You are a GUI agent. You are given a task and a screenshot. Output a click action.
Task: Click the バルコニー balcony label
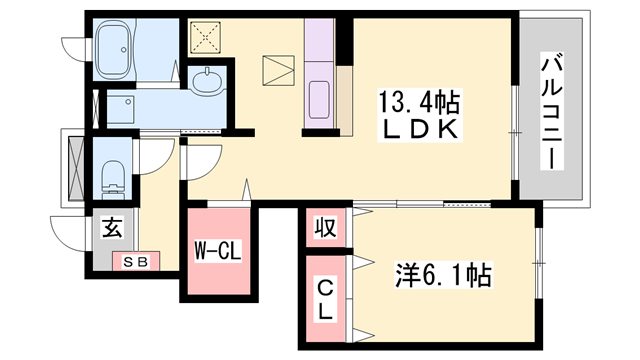pos(553,109)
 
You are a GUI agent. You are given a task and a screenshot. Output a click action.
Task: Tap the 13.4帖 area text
pos(418,100)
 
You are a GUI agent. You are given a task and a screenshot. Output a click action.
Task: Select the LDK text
pos(418,130)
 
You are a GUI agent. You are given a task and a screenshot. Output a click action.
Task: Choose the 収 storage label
pos(326,226)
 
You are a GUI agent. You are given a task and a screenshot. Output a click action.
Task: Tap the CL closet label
pos(326,299)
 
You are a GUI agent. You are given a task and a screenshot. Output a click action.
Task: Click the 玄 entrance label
pos(111,227)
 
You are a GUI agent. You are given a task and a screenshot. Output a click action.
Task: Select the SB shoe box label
pos(136,262)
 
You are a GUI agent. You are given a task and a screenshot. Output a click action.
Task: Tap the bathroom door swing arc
pos(74,46)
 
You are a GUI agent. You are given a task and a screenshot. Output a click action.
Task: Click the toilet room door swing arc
pos(155,155)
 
